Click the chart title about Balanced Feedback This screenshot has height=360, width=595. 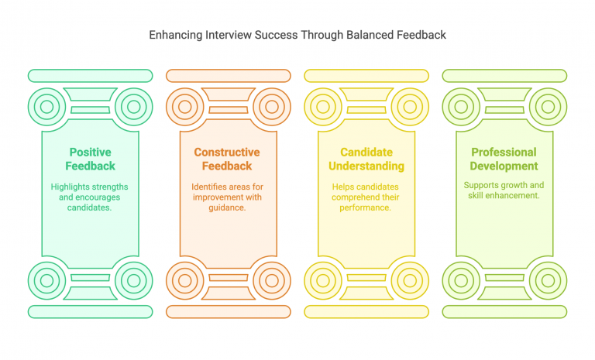297,35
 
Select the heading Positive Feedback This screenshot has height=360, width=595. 91,159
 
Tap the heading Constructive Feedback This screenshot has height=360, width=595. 227,159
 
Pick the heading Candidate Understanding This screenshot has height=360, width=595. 366,159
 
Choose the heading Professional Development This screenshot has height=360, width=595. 504,159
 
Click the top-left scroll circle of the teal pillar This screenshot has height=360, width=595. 46,106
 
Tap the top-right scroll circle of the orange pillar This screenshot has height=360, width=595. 271,106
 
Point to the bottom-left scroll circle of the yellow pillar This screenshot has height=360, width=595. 322,280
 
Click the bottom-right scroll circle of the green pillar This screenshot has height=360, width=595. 548,280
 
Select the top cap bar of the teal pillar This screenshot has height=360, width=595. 90,76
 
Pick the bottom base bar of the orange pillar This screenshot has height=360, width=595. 228,311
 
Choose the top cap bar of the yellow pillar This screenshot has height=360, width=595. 366,76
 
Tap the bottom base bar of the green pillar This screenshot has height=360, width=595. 504,311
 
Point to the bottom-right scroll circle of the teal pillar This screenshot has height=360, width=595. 133,280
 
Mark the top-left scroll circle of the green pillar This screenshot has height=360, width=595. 461,106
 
